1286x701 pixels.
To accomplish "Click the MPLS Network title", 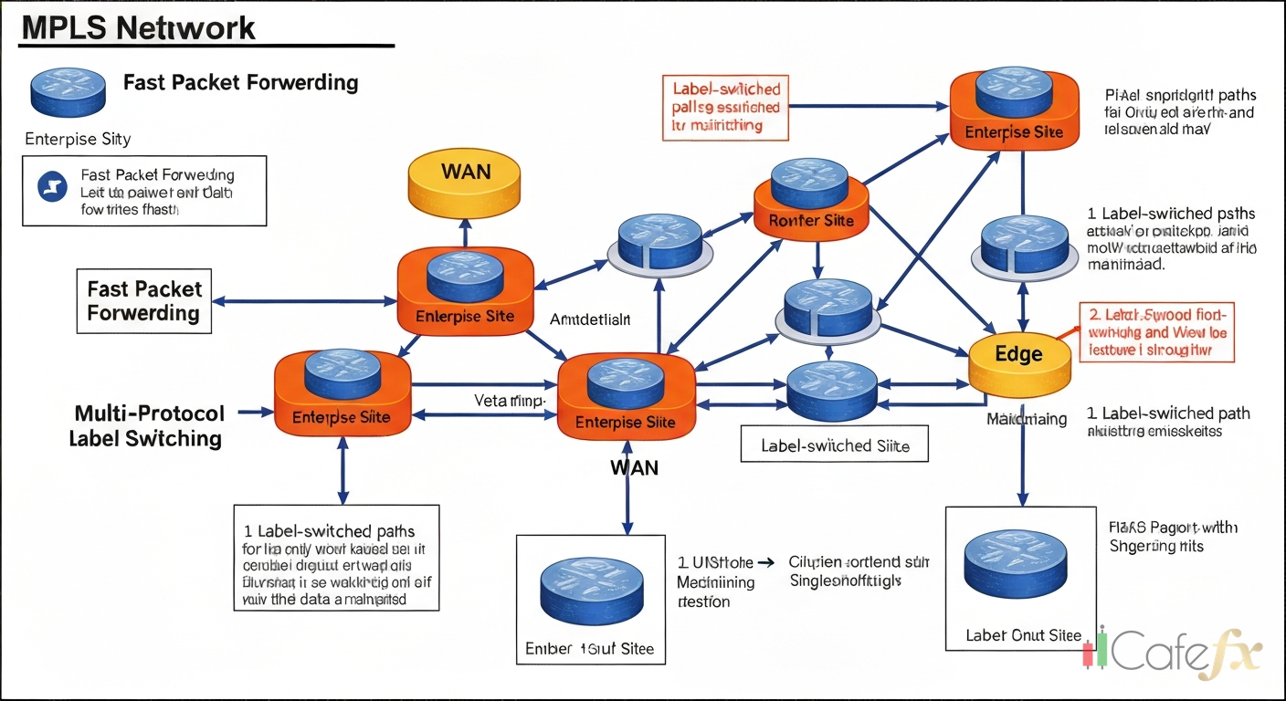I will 138,27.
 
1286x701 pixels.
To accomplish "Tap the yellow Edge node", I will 1018,359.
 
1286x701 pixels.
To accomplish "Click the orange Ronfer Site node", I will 810,203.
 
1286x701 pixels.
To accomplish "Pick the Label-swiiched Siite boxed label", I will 835,446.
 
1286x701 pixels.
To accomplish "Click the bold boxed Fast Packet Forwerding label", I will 144,301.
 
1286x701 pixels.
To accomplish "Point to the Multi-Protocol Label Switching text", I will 146,425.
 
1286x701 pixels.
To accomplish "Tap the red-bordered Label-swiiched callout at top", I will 725,108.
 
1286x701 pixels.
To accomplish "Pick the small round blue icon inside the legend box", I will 52,187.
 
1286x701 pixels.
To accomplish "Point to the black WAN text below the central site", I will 634,467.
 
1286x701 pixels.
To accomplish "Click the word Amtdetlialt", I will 590,319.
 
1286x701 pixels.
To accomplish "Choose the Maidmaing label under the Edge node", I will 1027,419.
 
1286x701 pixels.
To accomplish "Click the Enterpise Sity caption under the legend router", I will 78,140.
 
